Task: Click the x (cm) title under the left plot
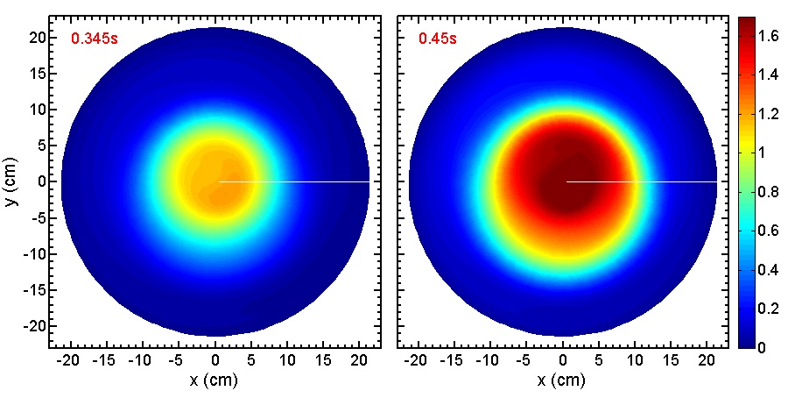point(214,381)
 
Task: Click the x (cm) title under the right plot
point(562,381)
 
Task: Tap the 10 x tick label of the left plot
point(288,361)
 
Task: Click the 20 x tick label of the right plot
point(710,361)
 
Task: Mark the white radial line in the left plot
point(293,181)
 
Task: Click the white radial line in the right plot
point(642,181)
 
